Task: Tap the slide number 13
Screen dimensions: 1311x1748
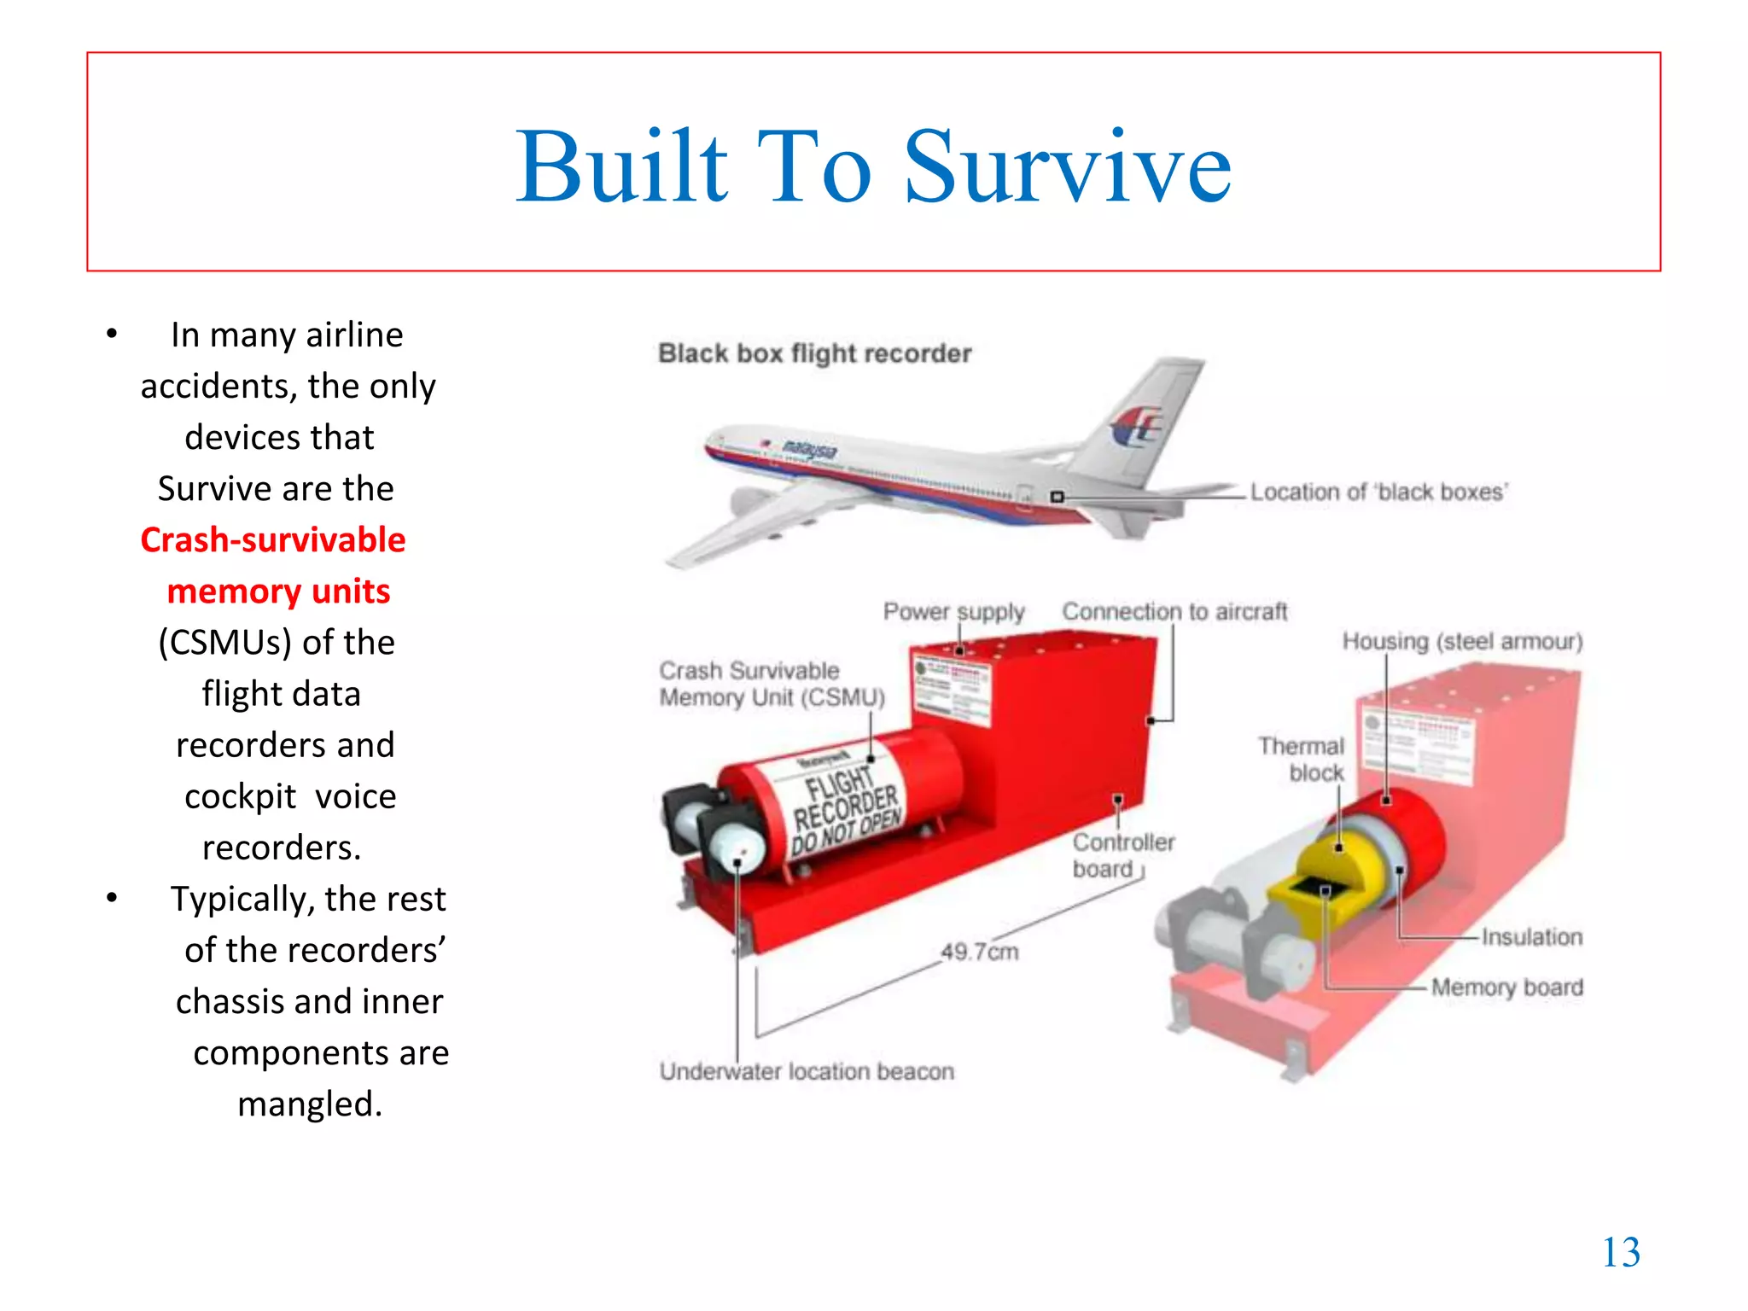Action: (1621, 1252)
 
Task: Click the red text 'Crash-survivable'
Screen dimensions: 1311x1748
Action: (273, 540)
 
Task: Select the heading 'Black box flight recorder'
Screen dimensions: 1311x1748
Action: (814, 353)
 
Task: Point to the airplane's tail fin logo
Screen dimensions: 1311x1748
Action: (1136, 427)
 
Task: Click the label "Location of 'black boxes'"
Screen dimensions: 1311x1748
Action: (1378, 492)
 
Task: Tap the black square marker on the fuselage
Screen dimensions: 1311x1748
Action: (1057, 497)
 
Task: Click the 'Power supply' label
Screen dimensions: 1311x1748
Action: (953, 612)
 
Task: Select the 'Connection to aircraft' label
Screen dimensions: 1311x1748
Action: (1174, 612)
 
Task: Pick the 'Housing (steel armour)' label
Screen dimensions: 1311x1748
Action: (1462, 641)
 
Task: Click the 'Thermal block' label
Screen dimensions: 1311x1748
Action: (1302, 759)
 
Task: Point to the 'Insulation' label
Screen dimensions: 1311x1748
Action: (1531, 937)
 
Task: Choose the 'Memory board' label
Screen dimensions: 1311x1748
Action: (1507, 988)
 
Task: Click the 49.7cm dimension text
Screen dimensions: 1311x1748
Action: (980, 952)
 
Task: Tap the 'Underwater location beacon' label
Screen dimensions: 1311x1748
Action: (807, 1071)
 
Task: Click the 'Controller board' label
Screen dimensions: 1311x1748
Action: (1122, 855)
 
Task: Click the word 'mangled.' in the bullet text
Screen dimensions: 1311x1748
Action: (310, 1104)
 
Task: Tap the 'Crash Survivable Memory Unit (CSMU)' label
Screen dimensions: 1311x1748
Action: (772, 684)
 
